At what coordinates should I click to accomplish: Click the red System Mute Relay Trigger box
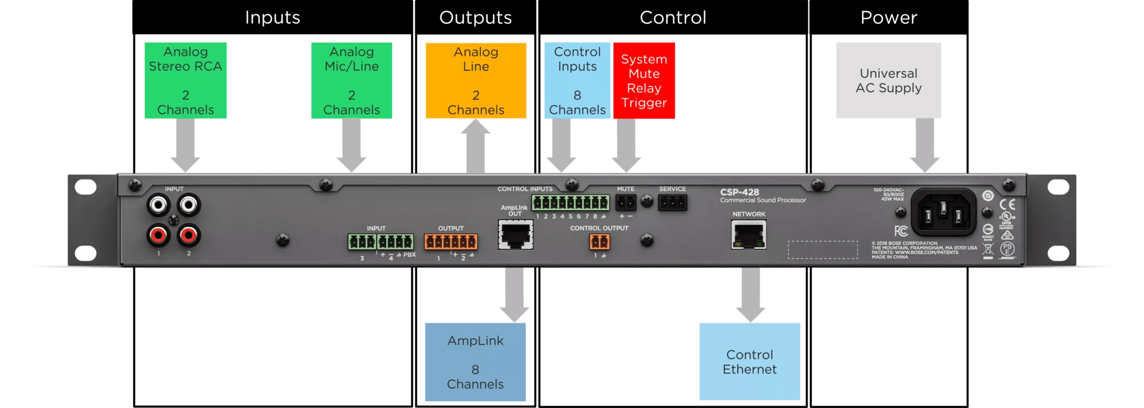coord(644,81)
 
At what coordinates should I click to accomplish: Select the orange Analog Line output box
coord(476,81)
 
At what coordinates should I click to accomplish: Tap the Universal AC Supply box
coord(888,81)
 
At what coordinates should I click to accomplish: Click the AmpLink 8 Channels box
coord(475,362)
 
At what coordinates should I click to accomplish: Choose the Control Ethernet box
coord(749,362)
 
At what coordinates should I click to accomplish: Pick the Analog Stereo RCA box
coord(185,81)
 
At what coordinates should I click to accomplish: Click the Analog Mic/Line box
coord(351,81)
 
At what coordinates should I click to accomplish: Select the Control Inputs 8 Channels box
coord(577,81)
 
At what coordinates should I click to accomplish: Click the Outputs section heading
coord(475,18)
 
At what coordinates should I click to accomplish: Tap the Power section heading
coord(888,18)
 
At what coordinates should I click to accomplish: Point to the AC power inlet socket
coord(943,212)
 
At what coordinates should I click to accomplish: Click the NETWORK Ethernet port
coord(748,235)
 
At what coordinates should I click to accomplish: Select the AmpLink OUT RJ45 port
coord(515,235)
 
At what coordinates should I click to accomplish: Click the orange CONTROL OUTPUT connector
coord(599,241)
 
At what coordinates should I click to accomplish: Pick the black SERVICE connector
coord(672,203)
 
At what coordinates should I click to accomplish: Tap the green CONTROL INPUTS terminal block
coord(570,203)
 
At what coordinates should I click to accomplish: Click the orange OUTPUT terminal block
coord(450,241)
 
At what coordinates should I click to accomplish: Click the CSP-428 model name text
coord(740,192)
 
